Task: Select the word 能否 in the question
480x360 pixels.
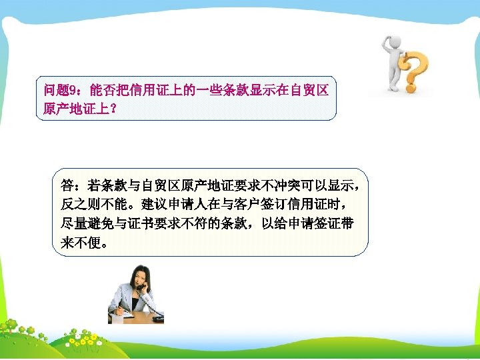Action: click(x=101, y=90)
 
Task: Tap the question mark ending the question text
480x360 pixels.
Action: click(x=115, y=107)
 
